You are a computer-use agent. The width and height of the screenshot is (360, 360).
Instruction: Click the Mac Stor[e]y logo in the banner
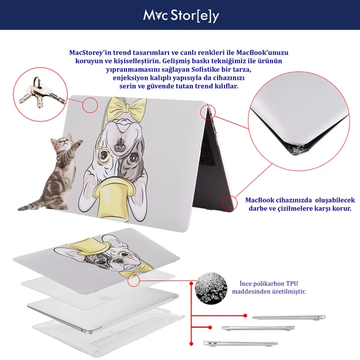pos(181,16)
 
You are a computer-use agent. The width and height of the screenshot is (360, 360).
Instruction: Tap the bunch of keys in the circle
pos(41,94)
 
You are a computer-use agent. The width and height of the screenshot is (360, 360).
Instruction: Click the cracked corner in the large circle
pos(296,148)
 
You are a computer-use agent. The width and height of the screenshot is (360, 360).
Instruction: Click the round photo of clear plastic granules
pos(211,288)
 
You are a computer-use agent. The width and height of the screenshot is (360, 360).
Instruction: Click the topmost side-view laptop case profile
pos(289,317)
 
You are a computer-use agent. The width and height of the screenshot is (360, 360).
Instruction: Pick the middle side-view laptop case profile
pos(258,328)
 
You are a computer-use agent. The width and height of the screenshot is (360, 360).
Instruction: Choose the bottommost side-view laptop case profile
pos(240,344)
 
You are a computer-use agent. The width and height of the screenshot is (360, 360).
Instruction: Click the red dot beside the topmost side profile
pos(246,316)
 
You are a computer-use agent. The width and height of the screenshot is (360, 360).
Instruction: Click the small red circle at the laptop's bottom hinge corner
pos(230,203)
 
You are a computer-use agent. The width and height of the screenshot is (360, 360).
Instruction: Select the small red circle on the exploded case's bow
pos(134,280)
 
